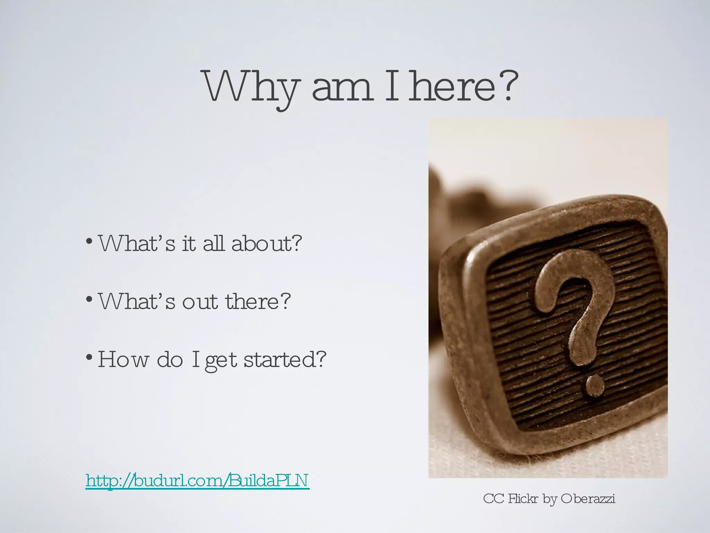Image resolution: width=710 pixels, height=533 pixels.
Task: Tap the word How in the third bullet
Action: point(123,359)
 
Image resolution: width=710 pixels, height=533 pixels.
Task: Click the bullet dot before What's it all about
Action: point(89,240)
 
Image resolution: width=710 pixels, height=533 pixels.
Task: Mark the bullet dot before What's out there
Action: point(89,299)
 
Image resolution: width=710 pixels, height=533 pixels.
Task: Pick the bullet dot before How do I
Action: point(89,357)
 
